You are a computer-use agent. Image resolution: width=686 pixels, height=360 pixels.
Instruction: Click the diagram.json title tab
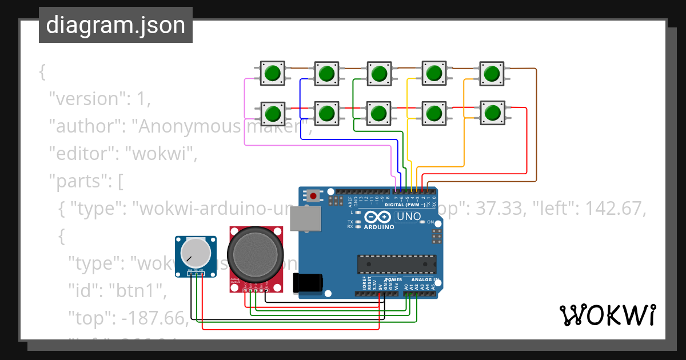coord(115,25)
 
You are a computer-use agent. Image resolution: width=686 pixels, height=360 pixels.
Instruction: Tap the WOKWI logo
coord(607,315)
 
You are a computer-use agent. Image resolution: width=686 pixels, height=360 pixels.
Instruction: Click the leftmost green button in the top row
coord(273,73)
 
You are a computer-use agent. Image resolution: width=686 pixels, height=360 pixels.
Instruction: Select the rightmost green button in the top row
coord(490,73)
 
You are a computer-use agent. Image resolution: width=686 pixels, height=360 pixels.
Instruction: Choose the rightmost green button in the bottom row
coord(490,113)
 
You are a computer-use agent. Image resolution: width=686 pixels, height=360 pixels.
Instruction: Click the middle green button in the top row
coord(378,73)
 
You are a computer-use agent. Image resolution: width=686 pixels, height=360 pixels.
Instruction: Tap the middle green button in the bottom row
coord(378,113)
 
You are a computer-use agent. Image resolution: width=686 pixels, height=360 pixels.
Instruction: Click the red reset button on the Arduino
coord(313,196)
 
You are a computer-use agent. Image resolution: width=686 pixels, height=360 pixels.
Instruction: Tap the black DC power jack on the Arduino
coord(307,284)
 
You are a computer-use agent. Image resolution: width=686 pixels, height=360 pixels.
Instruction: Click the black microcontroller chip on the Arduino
coord(397,264)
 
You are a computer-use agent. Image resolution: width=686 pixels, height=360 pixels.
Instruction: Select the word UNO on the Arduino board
coord(409,217)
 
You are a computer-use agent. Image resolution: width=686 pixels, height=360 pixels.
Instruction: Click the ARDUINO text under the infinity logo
coord(379,227)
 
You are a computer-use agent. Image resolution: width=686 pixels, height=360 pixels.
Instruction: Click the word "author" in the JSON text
coord(86,126)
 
